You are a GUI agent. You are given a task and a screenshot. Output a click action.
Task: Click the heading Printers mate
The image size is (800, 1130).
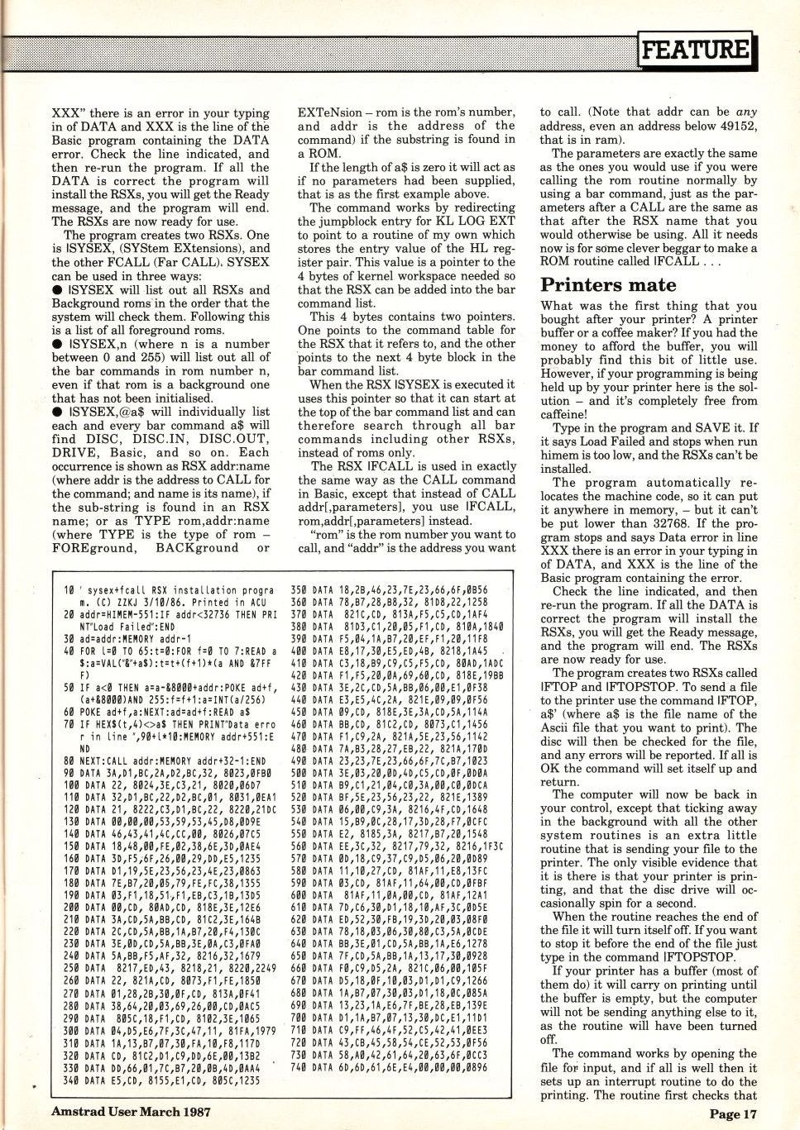tap(608, 285)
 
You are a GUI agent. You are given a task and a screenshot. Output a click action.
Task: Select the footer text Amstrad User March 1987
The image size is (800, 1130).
tap(131, 1111)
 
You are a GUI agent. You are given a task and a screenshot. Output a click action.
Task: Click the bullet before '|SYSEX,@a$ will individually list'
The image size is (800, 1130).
tap(56, 412)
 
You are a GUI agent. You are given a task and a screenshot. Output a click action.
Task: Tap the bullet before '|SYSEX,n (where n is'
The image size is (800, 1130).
tap(56, 344)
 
